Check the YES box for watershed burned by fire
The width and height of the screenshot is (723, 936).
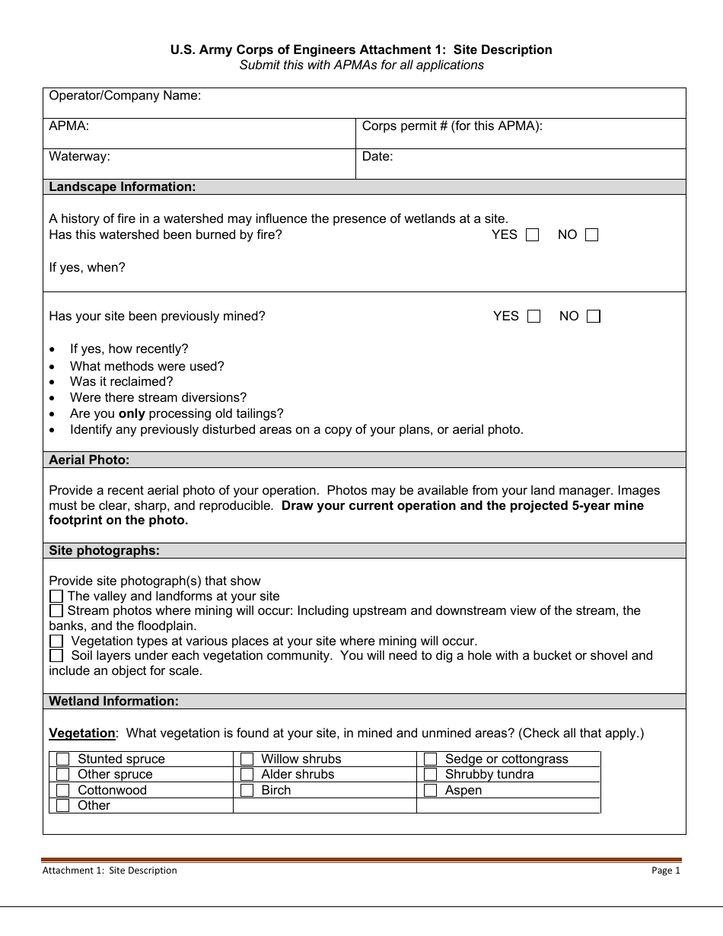click(532, 235)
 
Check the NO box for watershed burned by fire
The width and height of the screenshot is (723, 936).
click(591, 235)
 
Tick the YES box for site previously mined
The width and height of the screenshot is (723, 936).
click(533, 317)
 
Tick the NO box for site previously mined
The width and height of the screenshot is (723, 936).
click(594, 317)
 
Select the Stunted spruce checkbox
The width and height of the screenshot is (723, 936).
click(63, 759)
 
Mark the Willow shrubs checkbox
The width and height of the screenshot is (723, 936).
click(247, 759)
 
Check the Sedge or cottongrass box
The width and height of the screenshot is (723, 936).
click(430, 759)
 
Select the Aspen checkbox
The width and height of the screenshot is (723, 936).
click(430, 790)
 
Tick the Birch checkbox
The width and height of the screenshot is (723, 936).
click(247, 790)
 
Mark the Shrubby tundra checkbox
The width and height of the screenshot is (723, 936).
click(430, 775)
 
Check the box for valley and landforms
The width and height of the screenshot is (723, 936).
click(56, 596)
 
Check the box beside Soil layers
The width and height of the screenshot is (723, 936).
click(56, 655)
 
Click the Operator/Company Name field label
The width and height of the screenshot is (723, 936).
click(125, 96)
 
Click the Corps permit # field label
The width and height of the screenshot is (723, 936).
click(452, 126)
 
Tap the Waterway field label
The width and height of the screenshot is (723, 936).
click(79, 157)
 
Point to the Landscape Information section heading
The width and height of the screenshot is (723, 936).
click(122, 186)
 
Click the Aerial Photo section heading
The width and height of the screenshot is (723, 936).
click(89, 460)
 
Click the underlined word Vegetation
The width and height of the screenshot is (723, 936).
click(82, 734)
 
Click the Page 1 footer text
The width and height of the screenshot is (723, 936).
click(665, 871)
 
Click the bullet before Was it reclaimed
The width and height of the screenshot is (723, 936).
click(52, 382)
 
